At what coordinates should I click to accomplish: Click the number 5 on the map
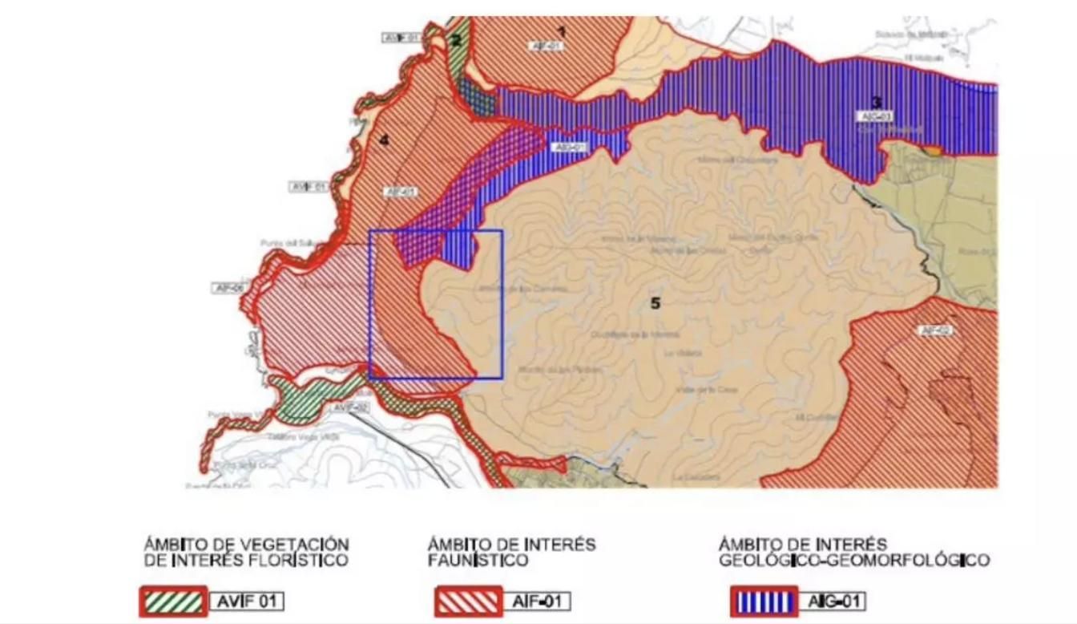[x=655, y=303]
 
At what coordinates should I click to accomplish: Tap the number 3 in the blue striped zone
[x=876, y=102]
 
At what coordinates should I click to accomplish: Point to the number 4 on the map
[x=384, y=140]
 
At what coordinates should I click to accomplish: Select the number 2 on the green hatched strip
[x=455, y=41]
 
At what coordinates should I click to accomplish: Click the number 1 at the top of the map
[x=561, y=31]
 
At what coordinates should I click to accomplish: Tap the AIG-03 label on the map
[x=874, y=116]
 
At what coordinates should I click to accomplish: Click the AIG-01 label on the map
[x=568, y=148]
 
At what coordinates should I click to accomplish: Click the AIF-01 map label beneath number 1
[x=547, y=47]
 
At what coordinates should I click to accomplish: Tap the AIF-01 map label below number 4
[x=400, y=192]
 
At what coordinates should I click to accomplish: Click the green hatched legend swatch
[x=173, y=601]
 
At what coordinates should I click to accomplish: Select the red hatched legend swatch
[x=468, y=601]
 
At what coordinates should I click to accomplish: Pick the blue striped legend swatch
[x=763, y=601]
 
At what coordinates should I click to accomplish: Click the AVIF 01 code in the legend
[x=247, y=601]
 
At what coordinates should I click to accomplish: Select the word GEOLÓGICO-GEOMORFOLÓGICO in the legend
[x=853, y=560]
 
